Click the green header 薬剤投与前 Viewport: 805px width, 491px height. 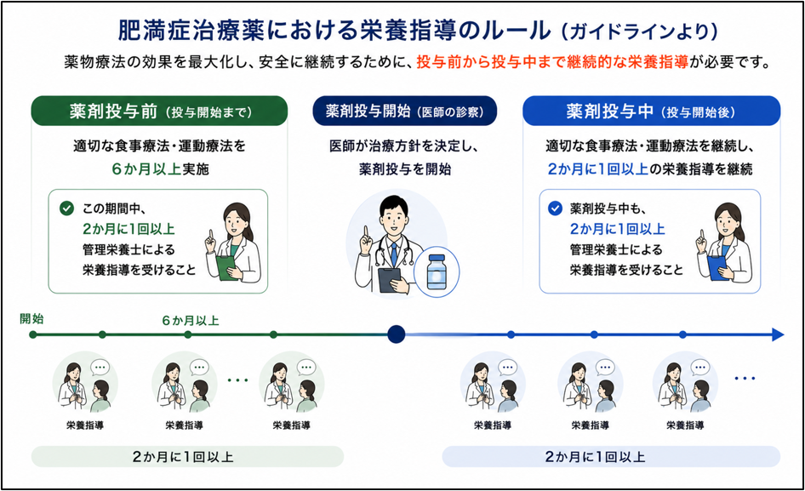(159, 111)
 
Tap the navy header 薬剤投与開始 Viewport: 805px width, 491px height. (404, 111)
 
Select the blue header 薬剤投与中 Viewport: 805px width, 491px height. (651, 111)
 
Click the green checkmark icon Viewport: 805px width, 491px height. (66, 208)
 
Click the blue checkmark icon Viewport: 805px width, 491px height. (555, 208)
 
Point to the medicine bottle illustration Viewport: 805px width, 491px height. (437, 271)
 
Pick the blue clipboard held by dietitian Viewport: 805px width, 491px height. (717, 267)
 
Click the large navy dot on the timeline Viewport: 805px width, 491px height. (396, 334)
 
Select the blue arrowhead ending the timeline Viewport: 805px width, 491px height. (777, 335)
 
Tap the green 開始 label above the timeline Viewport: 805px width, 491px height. (31, 318)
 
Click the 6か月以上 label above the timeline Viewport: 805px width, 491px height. (191, 321)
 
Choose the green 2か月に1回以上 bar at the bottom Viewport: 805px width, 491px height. (187, 457)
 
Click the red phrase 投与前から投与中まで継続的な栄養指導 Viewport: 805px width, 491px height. (552, 62)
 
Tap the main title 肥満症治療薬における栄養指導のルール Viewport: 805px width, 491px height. (334, 31)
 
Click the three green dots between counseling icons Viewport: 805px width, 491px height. (237, 380)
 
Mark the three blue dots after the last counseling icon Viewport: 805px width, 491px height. (745, 379)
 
